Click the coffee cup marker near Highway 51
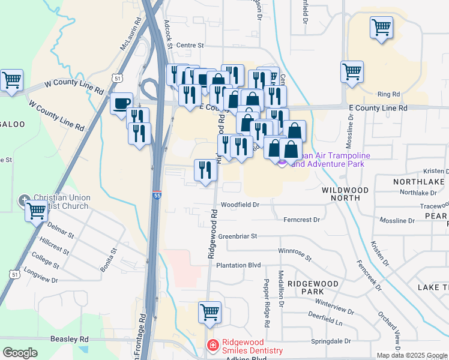click(121, 103)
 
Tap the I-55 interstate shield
click(155, 196)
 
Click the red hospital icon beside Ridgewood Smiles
click(212, 346)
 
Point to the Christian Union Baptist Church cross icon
click(24, 200)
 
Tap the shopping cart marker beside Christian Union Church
click(37, 211)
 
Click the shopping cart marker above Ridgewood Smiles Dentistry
click(209, 312)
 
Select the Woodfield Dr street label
click(240, 205)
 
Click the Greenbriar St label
click(237, 236)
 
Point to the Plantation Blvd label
click(239, 265)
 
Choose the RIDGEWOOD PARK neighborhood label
click(309, 287)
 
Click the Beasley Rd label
click(70, 339)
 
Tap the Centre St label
click(190, 45)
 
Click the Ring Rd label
click(388, 94)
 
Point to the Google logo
click(20, 353)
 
